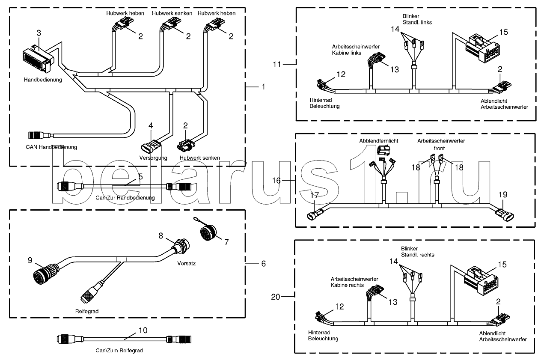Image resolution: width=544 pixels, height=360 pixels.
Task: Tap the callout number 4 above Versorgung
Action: tap(151, 125)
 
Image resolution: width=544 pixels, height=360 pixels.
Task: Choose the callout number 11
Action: tap(276, 64)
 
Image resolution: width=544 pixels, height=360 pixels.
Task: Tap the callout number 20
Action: tap(276, 296)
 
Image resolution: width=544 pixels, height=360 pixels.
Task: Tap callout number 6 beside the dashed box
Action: tap(263, 264)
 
